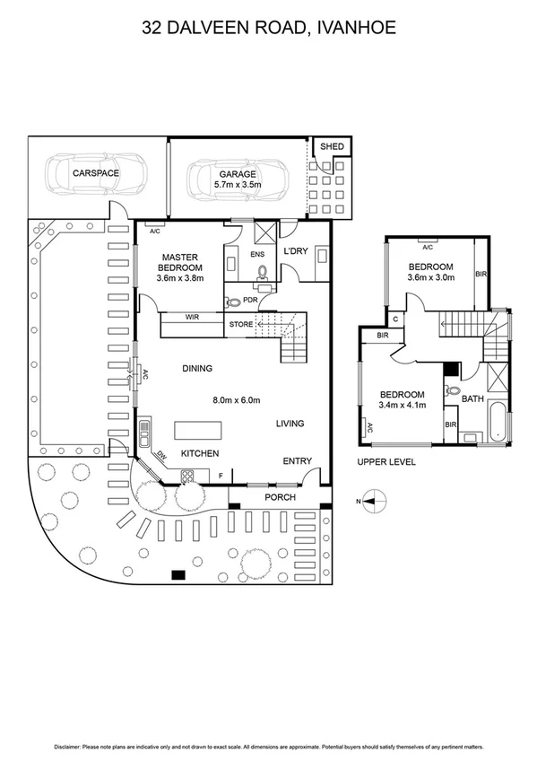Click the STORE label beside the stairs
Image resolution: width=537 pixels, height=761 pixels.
tap(240, 324)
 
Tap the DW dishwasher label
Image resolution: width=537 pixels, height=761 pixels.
tap(162, 456)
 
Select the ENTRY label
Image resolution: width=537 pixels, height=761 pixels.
tap(298, 461)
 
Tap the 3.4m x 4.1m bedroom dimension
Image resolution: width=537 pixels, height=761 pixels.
tap(403, 406)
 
